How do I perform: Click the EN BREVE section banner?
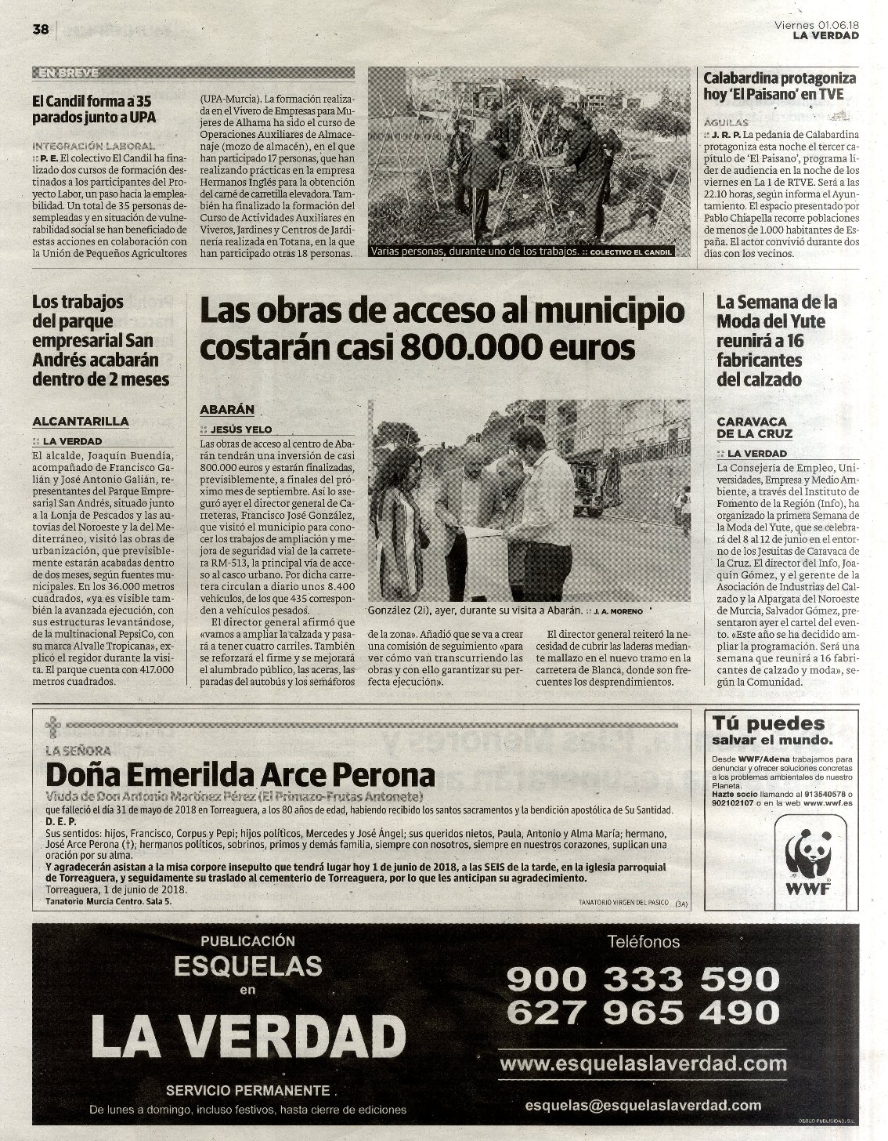click(x=67, y=73)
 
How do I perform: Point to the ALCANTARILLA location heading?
click(x=81, y=421)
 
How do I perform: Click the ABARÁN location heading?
click(x=227, y=409)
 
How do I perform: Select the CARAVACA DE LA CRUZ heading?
click(x=754, y=427)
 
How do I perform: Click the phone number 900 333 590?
click(x=642, y=978)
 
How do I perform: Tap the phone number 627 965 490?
click(x=642, y=1012)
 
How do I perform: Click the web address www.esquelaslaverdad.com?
click(x=643, y=1063)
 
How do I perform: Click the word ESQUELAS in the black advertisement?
click(x=247, y=964)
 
